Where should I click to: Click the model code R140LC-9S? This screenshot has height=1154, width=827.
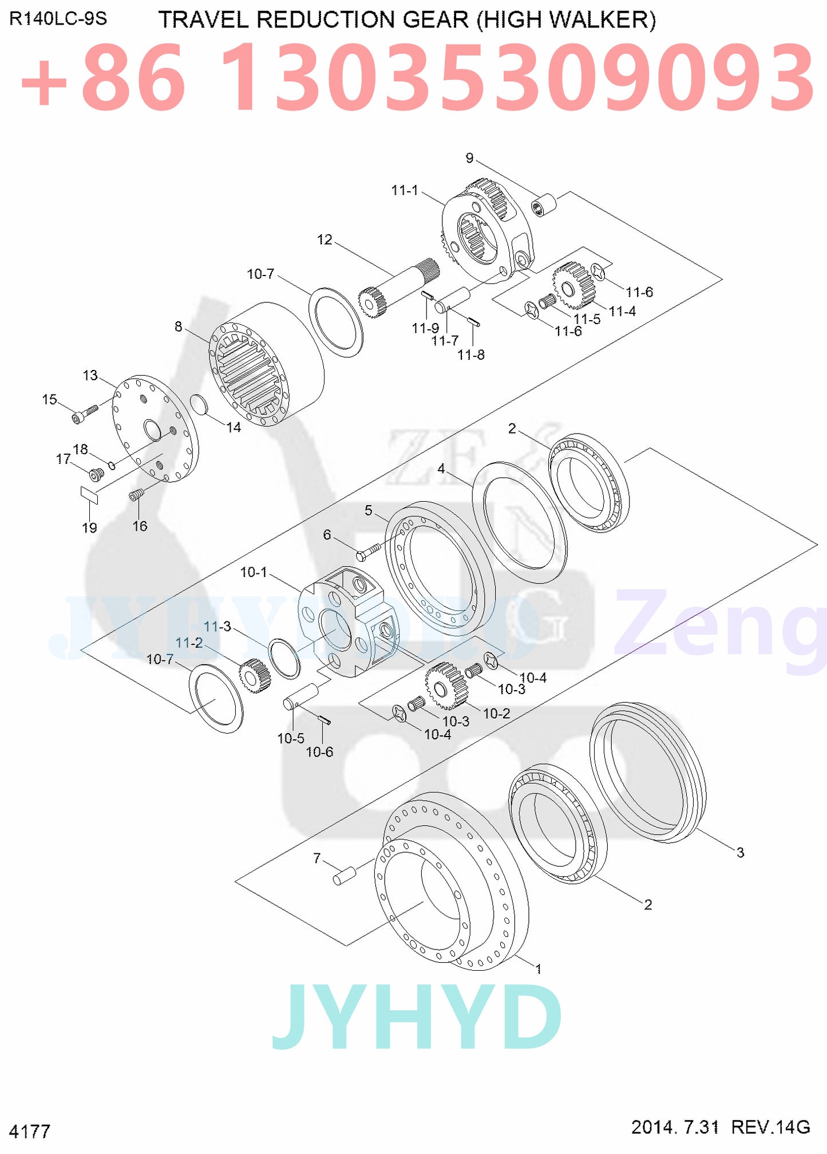(x=58, y=19)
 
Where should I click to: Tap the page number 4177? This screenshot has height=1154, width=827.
(x=30, y=1131)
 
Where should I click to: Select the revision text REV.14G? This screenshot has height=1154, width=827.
(x=770, y=1127)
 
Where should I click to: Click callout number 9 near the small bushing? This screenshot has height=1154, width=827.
(x=469, y=158)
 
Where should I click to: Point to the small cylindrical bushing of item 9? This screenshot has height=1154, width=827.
(x=544, y=205)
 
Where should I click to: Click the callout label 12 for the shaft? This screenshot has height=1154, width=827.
(x=325, y=239)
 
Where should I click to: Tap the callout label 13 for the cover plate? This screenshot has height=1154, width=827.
(x=90, y=375)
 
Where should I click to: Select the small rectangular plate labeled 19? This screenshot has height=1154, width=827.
(x=89, y=494)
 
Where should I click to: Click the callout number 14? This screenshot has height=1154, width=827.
(x=234, y=427)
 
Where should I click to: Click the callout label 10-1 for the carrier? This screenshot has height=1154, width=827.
(x=254, y=572)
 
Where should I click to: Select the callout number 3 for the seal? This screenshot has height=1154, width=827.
(x=740, y=852)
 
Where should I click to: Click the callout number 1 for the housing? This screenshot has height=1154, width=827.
(x=538, y=969)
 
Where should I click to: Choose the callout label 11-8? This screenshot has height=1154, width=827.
(x=470, y=355)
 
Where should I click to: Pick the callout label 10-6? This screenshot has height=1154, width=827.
(x=319, y=752)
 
